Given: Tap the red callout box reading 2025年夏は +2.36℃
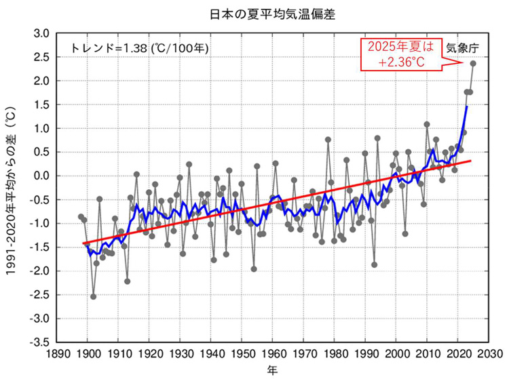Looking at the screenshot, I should (400, 54).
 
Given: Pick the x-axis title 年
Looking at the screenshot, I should (272, 371).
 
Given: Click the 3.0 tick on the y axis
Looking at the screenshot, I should (41, 33).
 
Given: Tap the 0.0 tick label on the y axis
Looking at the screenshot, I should (41, 176).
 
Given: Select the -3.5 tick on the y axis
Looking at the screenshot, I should (39, 342).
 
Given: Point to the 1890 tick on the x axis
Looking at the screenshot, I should (56, 354).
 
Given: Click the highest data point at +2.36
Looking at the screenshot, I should (473, 64).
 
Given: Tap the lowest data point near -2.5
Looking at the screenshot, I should (93, 296).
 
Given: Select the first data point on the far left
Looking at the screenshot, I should (81, 217).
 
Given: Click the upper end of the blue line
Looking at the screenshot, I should (467, 106).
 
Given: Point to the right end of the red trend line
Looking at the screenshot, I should (470, 161).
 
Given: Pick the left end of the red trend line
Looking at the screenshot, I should (83, 243).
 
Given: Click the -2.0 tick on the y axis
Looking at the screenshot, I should (39, 271).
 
